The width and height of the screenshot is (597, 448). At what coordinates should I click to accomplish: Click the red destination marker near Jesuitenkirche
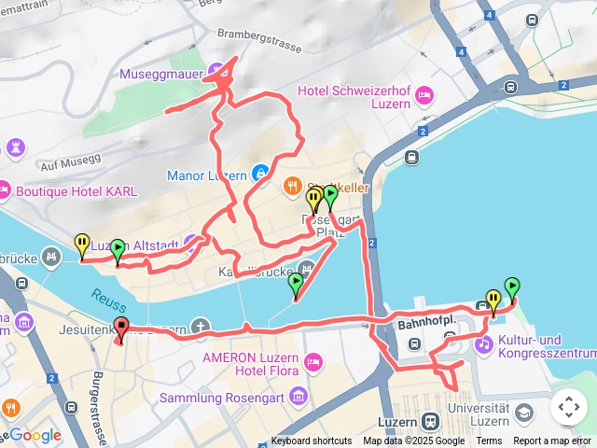pyautogui.click(x=121, y=329)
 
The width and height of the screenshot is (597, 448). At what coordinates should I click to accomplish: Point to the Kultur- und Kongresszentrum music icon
pyautogui.click(x=483, y=344)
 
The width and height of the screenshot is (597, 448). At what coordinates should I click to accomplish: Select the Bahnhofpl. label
pyautogui.click(x=424, y=324)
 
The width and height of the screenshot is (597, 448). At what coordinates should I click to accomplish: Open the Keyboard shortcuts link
pyautogui.click(x=312, y=441)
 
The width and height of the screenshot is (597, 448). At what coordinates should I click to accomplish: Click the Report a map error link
pyautogui.click(x=552, y=441)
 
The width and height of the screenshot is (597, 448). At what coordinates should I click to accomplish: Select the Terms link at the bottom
pyautogui.click(x=489, y=441)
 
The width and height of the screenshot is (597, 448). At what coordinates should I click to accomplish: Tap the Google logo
pyautogui.click(x=35, y=435)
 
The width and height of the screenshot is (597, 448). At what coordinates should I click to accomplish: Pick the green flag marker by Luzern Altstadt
pyautogui.click(x=118, y=250)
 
